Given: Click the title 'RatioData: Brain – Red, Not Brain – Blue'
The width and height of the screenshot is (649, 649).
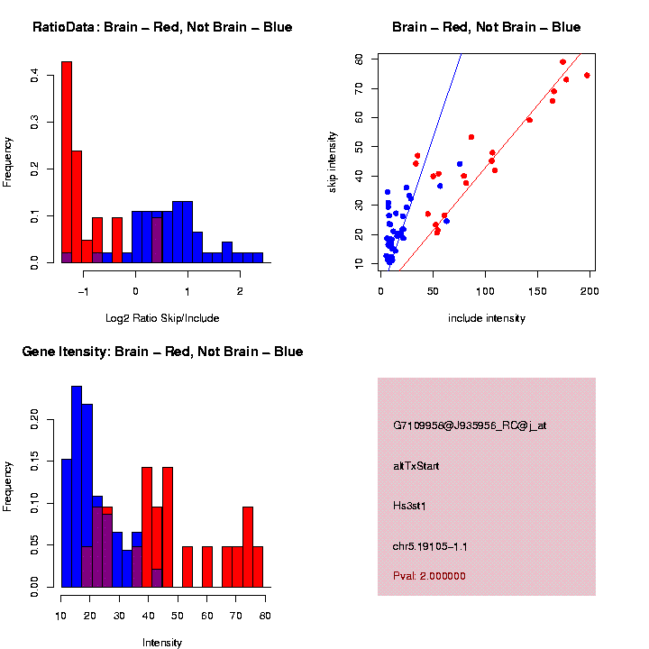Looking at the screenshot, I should click(162, 28).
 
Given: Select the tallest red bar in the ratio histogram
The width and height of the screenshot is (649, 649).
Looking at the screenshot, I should click(66, 162).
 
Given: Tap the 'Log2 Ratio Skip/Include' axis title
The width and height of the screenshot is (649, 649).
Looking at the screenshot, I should click(162, 318).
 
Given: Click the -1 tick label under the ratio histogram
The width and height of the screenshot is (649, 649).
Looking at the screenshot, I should click(84, 291).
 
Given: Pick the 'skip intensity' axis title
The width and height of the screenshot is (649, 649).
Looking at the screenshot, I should click(334, 161).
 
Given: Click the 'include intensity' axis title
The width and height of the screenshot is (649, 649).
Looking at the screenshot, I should click(487, 318).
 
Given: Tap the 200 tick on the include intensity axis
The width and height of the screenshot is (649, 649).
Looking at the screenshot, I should click(590, 291).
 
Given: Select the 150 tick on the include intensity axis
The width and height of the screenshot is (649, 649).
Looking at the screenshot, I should click(538, 291).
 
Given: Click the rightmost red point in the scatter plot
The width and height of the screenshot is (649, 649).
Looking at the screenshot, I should click(587, 76).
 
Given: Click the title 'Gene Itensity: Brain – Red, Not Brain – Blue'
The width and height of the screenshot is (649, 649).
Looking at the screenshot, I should click(163, 352).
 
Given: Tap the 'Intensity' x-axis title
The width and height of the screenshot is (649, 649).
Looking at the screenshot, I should click(162, 643).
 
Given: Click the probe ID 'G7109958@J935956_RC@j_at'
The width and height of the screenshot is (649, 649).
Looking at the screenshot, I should click(470, 425).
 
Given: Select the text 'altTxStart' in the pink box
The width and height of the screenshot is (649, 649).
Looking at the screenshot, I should click(416, 466).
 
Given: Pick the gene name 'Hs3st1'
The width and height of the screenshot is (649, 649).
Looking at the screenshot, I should click(409, 507).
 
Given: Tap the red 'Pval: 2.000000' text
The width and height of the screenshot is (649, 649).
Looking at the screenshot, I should click(430, 576).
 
